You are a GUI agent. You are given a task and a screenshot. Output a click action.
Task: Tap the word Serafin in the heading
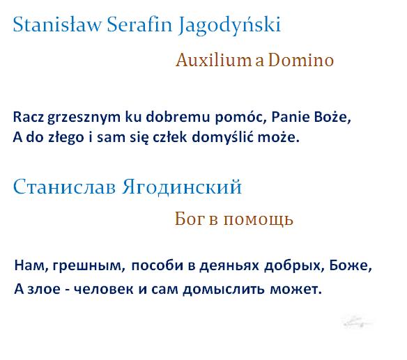coord(139,24)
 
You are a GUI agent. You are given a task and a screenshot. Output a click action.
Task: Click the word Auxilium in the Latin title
coord(214,60)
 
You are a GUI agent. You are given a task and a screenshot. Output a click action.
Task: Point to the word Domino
coord(300,60)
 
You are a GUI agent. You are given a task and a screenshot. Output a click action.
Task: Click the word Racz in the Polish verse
coord(29,117)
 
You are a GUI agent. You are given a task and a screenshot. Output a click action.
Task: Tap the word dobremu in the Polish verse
coord(178,116)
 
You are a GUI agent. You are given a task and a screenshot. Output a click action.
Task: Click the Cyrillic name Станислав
coord(64,187)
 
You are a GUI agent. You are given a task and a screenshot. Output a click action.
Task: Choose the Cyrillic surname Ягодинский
coord(182,186)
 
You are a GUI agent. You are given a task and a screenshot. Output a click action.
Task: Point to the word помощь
coord(259,219)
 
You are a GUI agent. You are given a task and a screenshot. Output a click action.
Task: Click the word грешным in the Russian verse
coord(89,266)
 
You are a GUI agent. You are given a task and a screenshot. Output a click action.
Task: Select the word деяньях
coord(229,266)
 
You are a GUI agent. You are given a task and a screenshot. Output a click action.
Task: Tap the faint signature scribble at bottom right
coord(357,322)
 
